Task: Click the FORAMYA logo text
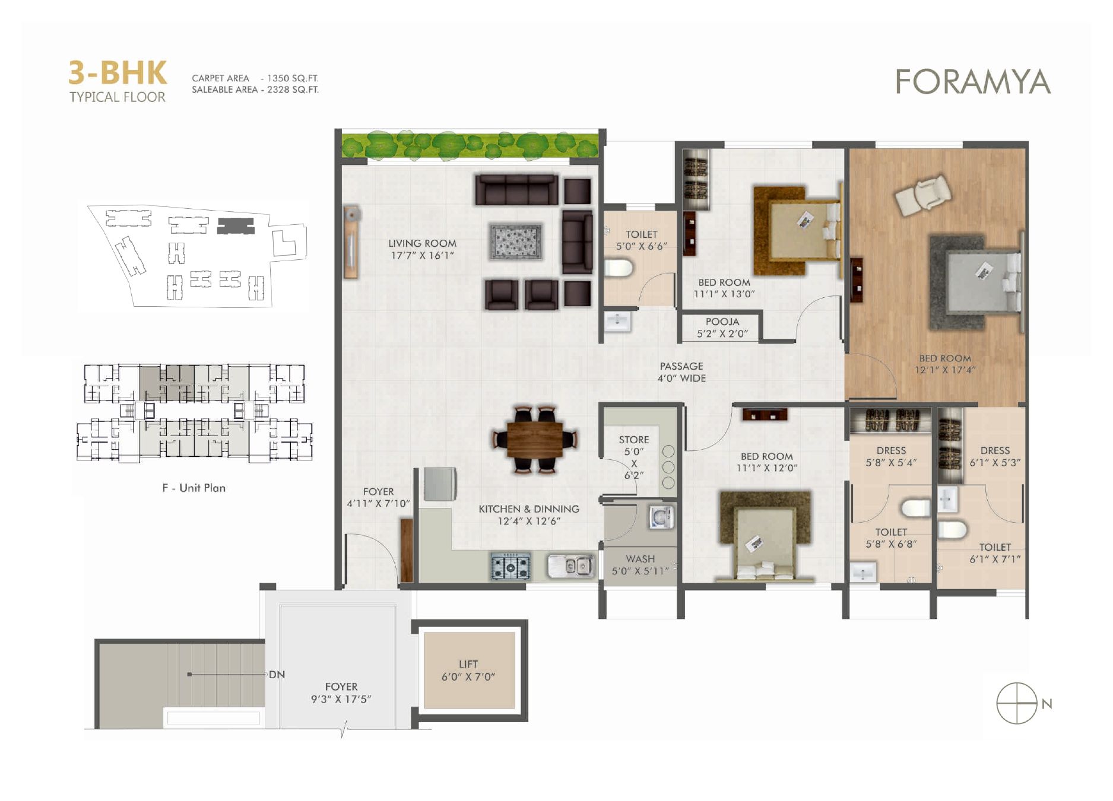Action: (973, 82)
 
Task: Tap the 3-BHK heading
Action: (118, 73)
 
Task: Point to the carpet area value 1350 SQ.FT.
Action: (293, 78)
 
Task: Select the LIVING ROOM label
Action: (422, 243)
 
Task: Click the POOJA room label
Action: (722, 322)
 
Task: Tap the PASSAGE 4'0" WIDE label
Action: (681, 372)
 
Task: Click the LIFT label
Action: (468, 665)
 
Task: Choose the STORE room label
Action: (634, 440)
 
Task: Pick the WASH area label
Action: (640, 559)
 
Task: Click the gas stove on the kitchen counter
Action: (510, 565)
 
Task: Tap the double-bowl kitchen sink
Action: (570, 565)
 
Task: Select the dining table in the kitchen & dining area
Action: (535, 440)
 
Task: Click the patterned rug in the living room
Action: (516, 241)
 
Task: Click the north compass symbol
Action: (1016, 704)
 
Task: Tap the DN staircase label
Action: (277, 675)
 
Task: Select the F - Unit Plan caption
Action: (194, 488)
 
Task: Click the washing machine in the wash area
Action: (661, 516)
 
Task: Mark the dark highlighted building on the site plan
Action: (236, 226)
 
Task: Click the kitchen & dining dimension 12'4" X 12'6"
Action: (529, 521)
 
